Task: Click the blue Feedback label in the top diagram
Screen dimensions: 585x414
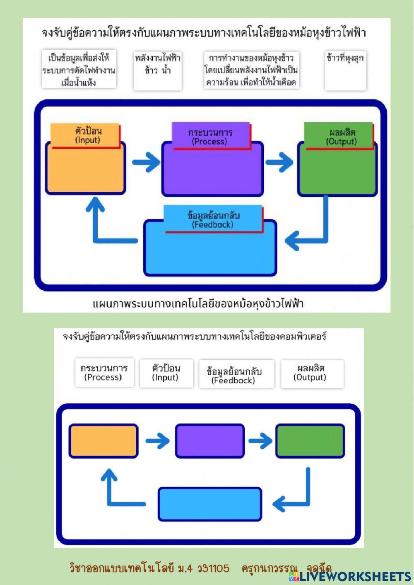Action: (213, 219)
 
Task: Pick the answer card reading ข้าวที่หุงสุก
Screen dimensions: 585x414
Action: (345, 69)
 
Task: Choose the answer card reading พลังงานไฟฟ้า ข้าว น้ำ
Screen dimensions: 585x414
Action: (157, 69)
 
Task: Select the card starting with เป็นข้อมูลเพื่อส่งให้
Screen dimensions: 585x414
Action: (79, 69)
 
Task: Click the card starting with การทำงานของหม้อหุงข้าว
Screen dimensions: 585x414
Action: (251, 69)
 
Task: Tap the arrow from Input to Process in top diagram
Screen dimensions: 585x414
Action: (145, 161)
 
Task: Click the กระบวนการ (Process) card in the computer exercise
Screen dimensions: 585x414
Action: (104, 372)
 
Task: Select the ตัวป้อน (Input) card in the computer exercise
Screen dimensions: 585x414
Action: (166, 373)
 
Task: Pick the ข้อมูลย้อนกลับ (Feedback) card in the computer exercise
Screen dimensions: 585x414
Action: (236, 374)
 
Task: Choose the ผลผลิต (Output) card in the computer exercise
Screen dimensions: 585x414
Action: (312, 373)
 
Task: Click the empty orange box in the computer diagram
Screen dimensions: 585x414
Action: (103, 441)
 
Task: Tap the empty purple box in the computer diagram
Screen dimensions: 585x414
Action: (210, 441)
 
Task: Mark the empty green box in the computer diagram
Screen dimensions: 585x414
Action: (310, 441)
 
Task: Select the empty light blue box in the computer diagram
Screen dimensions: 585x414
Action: (210, 504)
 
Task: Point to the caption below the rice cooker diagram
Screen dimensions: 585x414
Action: (198, 303)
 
